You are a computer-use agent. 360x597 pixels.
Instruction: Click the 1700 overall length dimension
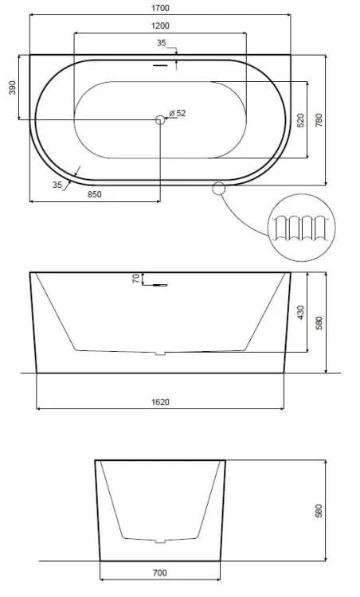click(x=160, y=8)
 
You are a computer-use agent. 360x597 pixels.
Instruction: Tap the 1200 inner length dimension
click(x=160, y=26)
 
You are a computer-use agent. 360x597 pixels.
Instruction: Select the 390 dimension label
click(x=13, y=88)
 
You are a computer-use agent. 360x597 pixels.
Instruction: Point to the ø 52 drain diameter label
click(x=177, y=113)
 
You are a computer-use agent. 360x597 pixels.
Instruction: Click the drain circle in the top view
click(x=160, y=120)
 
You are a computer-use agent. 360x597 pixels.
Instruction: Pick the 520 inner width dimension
click(x=300, y=120)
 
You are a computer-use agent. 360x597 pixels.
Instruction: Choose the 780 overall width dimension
click(x=319, y=120)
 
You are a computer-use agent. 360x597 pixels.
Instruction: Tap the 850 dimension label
click(x=95, y=194)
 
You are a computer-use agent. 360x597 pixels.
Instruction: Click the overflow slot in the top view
click(x=160, y=65)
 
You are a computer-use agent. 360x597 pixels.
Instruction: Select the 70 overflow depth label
click(x=136, y=279)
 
